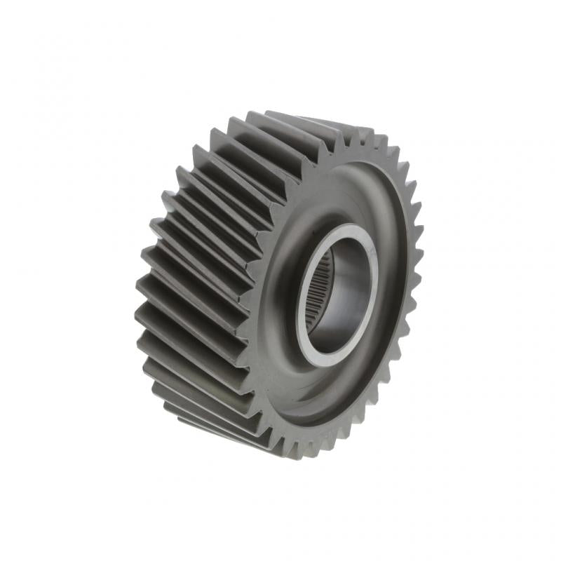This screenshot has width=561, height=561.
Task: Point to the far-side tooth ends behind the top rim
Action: coord(344,133)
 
